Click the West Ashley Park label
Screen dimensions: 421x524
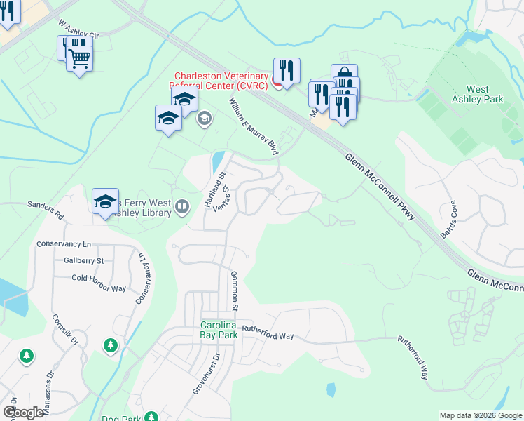click(x=485, y=94)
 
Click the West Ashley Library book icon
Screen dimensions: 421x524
click(x=182, y=206)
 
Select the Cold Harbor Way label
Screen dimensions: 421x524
click(x=99, y=278)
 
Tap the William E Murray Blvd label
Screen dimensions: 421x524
click(x=253, y=126)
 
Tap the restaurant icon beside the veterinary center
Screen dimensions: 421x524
click(x=287, y=69)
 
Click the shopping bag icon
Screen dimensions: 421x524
click(x=344, y=75)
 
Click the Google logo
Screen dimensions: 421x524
click(x=23, y=412)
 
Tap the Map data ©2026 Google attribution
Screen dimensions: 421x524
click(x=481, y=415)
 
